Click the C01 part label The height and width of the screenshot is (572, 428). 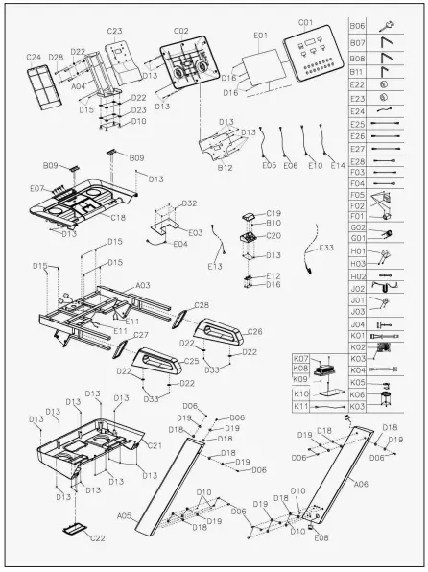click(x=306, y=21)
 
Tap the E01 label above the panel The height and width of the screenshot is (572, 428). click(x=260, y=36)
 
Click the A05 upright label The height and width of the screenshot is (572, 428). click(x=124, y=516)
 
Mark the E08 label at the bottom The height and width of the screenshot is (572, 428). click(x=321, y=538)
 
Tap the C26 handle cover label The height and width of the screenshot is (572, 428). click(x=255, y=332)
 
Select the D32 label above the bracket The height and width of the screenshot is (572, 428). click(x=188, y=203)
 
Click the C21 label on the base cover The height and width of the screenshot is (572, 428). click(x=153, y=445)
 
